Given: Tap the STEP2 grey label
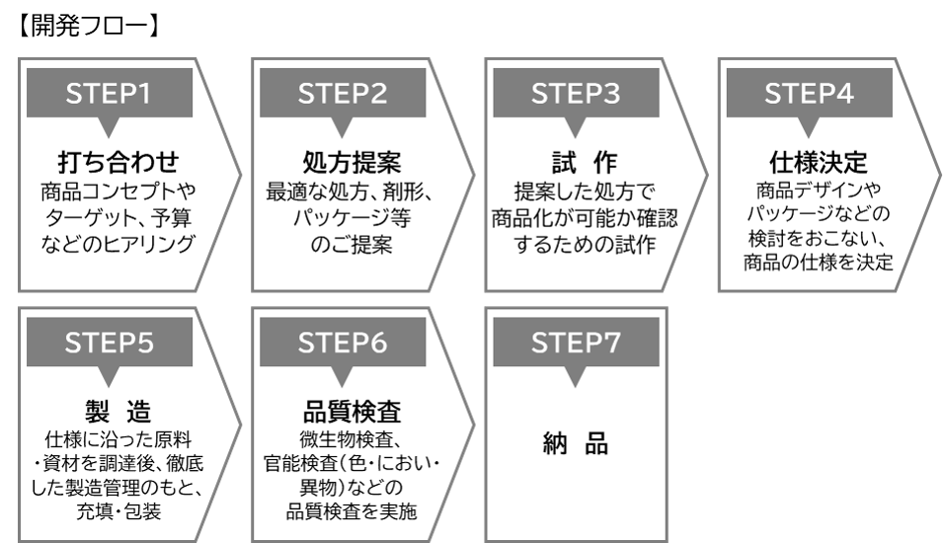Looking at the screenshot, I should (x=343, y=95).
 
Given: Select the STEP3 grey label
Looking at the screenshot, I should (x=576, y=95).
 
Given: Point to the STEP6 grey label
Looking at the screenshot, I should (x=343, y=344).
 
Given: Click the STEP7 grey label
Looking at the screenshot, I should (x=576, y=344).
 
